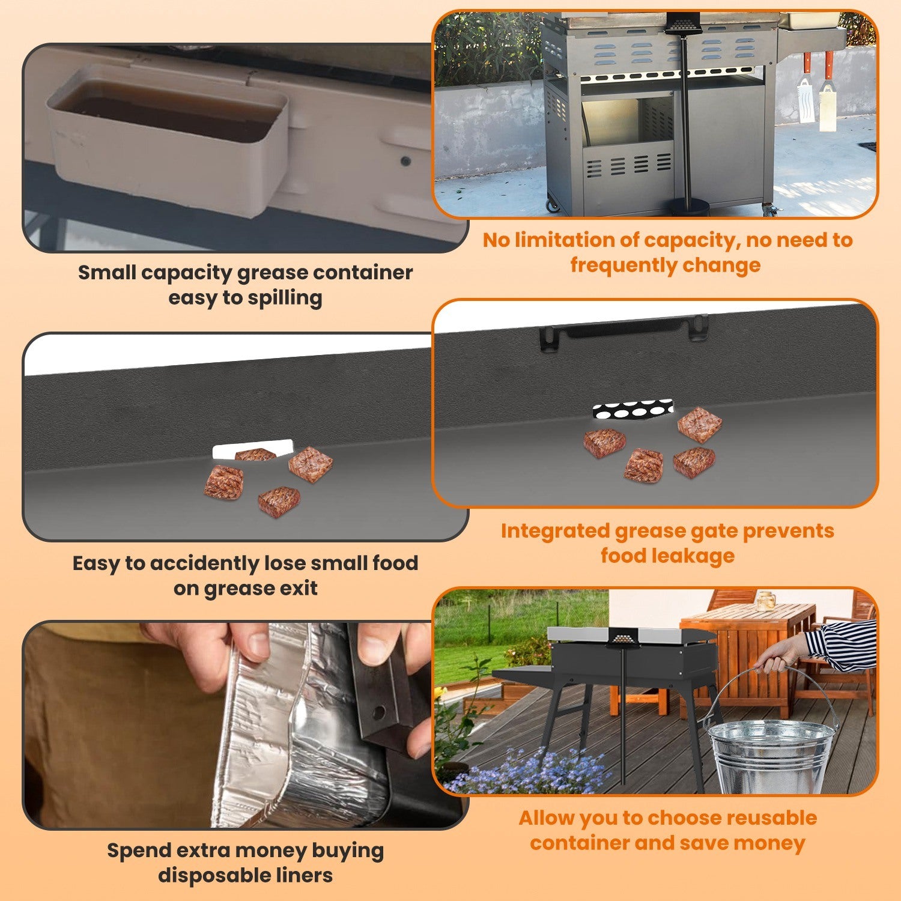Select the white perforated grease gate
pyautogui.click(x=633, y=410)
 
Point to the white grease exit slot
pyautogui.click(x=253, y=450)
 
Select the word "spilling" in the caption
pyautogui.click(x=285, y=298)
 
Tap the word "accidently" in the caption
pyautogui.click(x=201, y=563)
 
